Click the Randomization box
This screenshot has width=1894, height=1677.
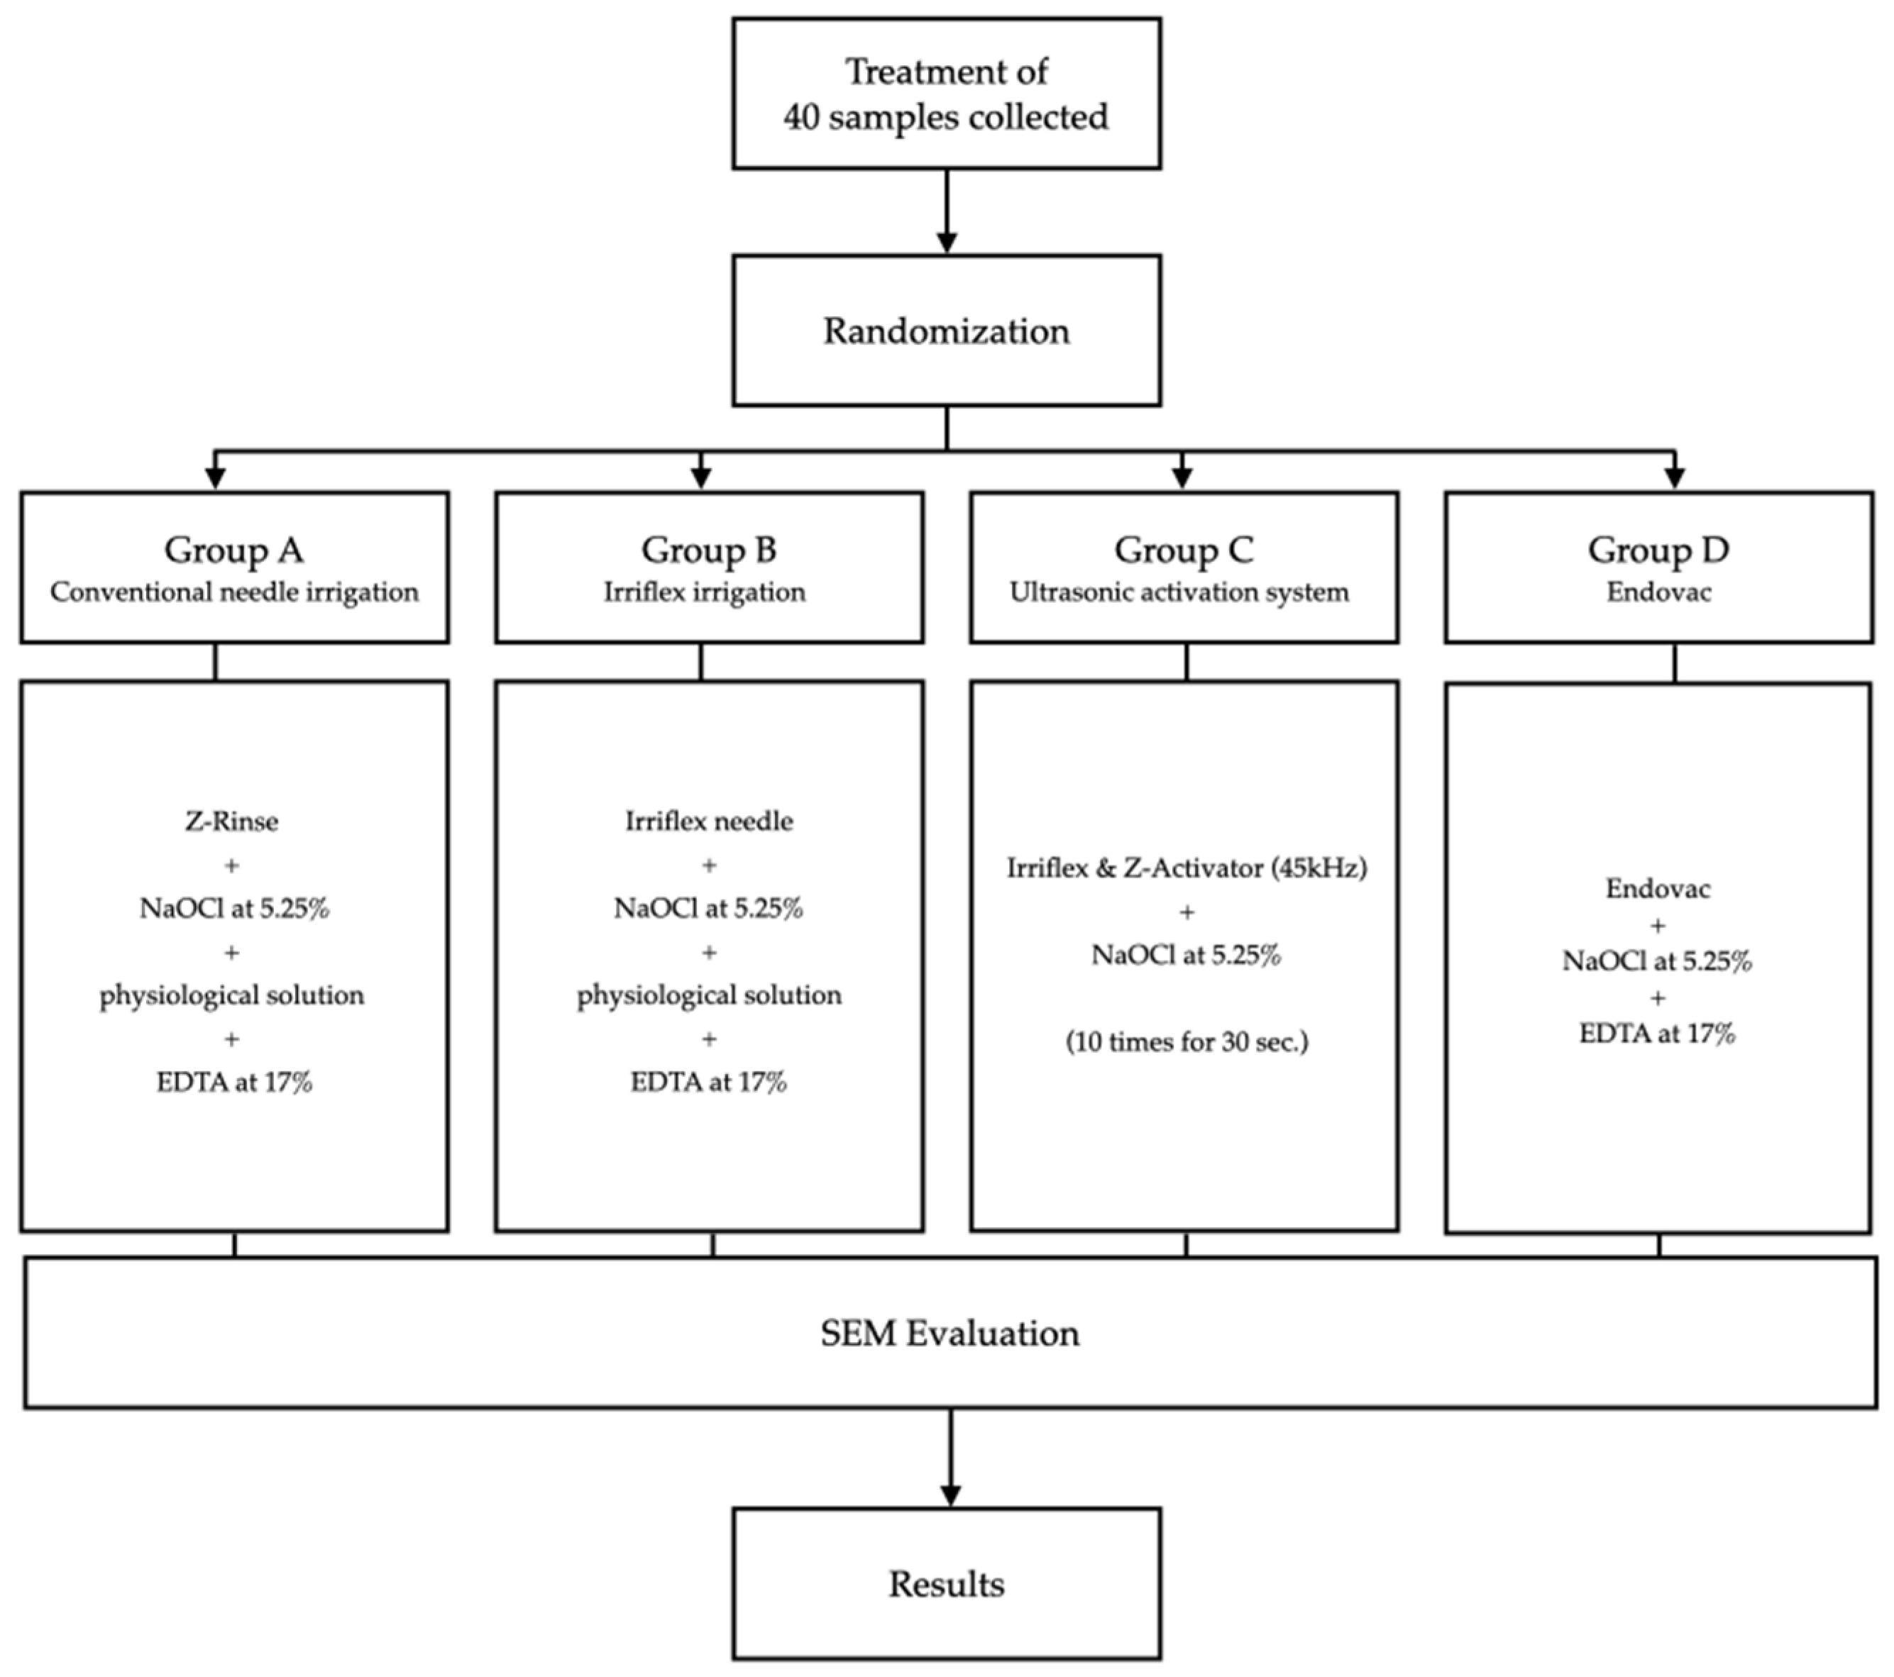tap(946, 331)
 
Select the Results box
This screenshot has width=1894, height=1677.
tap(946, 1583)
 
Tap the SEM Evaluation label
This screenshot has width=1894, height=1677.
tap(949, 1333)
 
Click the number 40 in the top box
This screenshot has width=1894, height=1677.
tap(800, 118)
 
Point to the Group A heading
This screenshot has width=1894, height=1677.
tap(233, 550)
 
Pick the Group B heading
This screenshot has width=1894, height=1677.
tap(709, 550)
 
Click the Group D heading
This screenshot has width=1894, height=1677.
tap(1658, 550)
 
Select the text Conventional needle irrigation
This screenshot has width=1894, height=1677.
tap(233, 592)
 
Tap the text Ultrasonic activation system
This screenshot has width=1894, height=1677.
tap(1179, 592)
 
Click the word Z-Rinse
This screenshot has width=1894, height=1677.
tap(231, 821)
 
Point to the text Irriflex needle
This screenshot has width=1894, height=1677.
tap(709, 821)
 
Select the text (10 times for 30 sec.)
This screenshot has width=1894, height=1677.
tap(1186, 1041)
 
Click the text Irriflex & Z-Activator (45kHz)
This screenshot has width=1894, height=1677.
tap(1186, 868)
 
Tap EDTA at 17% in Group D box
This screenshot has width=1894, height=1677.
tap(1657, 1033)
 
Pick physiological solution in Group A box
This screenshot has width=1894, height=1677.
tap(231, 995)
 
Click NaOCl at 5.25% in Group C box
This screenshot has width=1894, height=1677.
tap(1186, 954)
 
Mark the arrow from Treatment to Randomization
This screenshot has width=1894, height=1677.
tap(946, 211)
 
